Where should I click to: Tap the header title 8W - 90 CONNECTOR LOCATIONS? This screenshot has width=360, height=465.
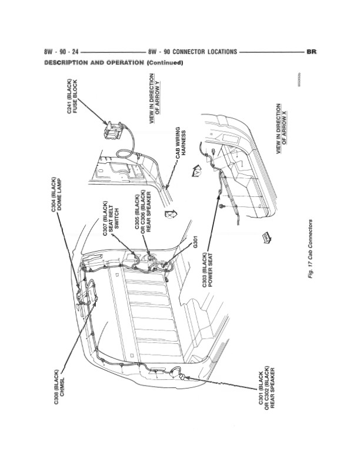(193, 52)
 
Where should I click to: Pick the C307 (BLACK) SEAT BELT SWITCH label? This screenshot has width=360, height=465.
(110, 219)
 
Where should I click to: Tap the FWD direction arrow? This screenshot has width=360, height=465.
(266, 237)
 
